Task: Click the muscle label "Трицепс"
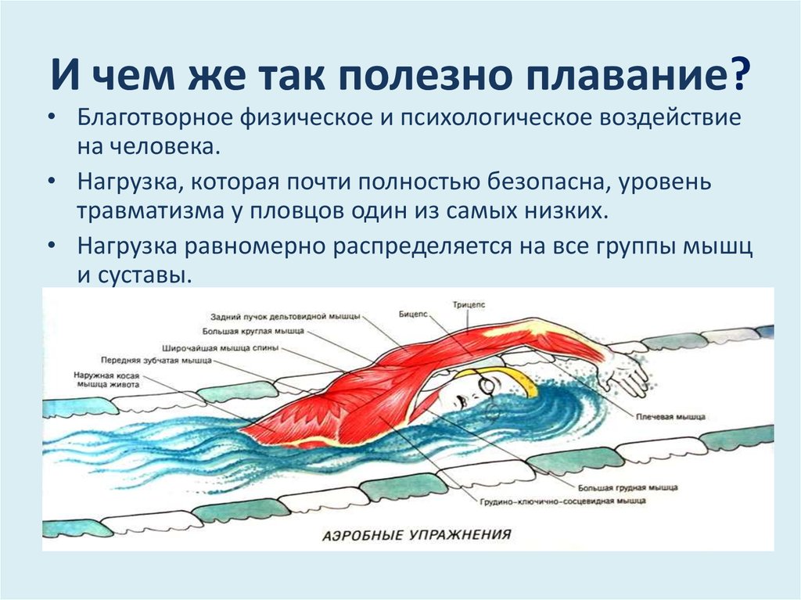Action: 469,305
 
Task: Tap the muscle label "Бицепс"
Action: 413,314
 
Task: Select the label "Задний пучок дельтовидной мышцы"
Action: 285,316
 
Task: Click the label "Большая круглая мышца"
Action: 253,331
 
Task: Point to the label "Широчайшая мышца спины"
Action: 220,349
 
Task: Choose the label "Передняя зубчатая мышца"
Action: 156,361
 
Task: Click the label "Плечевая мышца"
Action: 670,417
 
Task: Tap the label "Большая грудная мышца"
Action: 628,488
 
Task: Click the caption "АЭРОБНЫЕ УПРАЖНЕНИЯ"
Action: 417,535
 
